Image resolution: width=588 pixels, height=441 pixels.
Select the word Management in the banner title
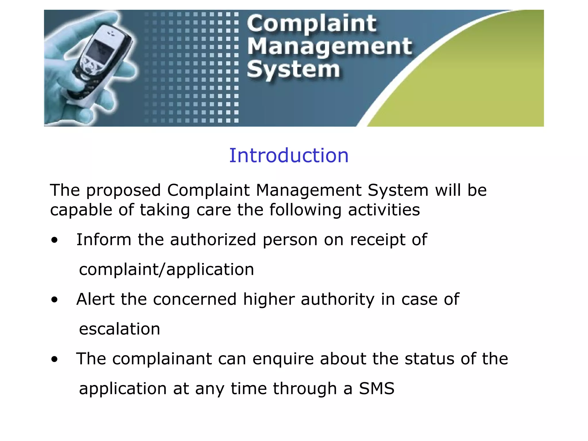click(330, 47)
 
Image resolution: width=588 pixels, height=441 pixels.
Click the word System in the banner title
click(293, 69)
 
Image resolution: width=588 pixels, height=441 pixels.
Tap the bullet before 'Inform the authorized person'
click(54, 240)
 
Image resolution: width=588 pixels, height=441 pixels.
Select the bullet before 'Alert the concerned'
click(54, 300)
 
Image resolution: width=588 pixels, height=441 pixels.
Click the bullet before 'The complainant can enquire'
click(54, 359)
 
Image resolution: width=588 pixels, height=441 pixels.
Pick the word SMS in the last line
click(377, 388)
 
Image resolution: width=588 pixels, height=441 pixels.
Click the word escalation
click(119, 329)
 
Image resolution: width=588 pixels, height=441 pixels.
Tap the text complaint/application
click(167, 270)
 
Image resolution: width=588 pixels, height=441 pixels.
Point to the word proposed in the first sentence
click(123, 191)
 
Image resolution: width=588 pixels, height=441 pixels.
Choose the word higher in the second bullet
click(269, 299)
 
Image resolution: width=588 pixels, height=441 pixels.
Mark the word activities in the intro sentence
click(384, 210)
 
